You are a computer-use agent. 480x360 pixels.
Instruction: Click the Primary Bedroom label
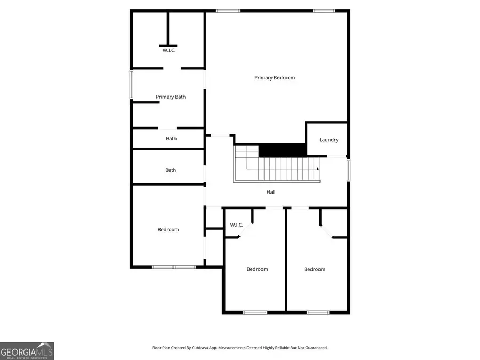click(275, 78)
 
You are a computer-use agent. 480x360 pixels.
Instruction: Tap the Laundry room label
click(329, 140)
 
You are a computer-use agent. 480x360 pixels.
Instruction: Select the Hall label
click(271, 192)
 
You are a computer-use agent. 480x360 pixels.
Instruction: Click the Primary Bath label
click(171, 97)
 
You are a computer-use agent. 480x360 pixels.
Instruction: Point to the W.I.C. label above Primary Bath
click(169, 50)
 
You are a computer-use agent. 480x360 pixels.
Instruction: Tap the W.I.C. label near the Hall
click(236, 225)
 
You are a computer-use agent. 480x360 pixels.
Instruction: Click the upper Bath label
click(171, 138)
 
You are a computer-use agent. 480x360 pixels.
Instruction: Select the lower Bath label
click(171, 170)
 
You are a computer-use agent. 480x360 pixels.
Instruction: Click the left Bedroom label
click(168, 229)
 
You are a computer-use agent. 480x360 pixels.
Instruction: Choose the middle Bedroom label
click(257, 269)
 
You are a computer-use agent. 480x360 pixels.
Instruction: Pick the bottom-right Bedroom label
click(315, 269)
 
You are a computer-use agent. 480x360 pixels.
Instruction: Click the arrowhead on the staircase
click(318, 169)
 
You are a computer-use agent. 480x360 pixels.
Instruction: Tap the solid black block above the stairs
click(282, 150)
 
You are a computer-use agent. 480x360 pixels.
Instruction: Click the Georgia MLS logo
click(27, 351)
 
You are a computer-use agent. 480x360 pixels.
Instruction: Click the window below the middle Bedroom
click(255, 313)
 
